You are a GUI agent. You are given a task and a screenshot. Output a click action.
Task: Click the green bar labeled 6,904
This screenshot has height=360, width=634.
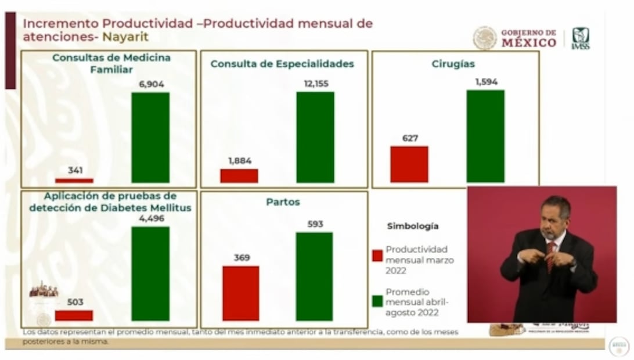pyautogui.click(x=150, y=138)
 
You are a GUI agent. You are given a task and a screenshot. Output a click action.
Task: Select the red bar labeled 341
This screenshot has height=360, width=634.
pyautogui.click(x=74, y=181)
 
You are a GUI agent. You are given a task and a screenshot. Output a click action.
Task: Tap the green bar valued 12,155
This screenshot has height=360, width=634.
pyautogui.click(x=315, y=138)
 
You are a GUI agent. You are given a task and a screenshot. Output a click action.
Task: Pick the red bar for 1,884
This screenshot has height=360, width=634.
pyautogui.click(x=239, y=176)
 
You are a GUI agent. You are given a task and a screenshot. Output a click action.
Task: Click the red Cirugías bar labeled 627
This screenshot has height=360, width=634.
pyautogui.click(x=409, y=164)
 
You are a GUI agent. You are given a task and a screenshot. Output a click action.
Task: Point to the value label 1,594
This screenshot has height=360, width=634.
pyautogui.click(x=486, y=82)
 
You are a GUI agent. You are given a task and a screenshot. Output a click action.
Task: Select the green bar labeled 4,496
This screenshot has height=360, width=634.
pyautogui.click(x=150, y=273)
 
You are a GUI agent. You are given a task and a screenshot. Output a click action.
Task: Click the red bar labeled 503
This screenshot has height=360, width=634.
pyautogui.click(x=74, y=315)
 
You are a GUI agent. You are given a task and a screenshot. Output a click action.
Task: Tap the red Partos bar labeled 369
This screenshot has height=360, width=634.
pyautogui.click(x=240, y=293)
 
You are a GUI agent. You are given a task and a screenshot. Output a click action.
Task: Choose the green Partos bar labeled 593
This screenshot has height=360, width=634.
pyautogui.click(x=314, y=276)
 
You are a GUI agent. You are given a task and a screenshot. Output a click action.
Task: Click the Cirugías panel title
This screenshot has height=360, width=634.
pyautogui.click(x=453, y=64)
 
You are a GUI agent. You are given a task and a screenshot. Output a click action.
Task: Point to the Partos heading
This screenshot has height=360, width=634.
pyautogui.click(x=283, y=202)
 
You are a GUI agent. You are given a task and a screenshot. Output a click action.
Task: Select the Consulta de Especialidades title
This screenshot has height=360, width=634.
pyautogui.click(x=282, y=64)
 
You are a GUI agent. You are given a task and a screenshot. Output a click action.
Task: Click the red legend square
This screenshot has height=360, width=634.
pyautogui.click(x=377, y=255)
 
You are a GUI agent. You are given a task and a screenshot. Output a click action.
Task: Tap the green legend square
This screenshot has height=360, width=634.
pyautogui.click(x=377, y=301)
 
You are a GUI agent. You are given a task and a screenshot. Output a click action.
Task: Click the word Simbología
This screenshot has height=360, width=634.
pyautogui.click(x=412, y=226)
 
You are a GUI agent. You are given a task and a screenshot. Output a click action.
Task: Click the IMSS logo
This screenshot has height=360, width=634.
pyautogui.click(x=580, y=38)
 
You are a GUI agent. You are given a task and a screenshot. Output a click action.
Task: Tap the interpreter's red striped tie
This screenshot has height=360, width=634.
pyautogui.click(x=550, y=255)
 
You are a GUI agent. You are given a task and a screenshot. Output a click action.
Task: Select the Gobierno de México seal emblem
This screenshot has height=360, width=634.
pyautogui.click(x=485, y=38)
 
